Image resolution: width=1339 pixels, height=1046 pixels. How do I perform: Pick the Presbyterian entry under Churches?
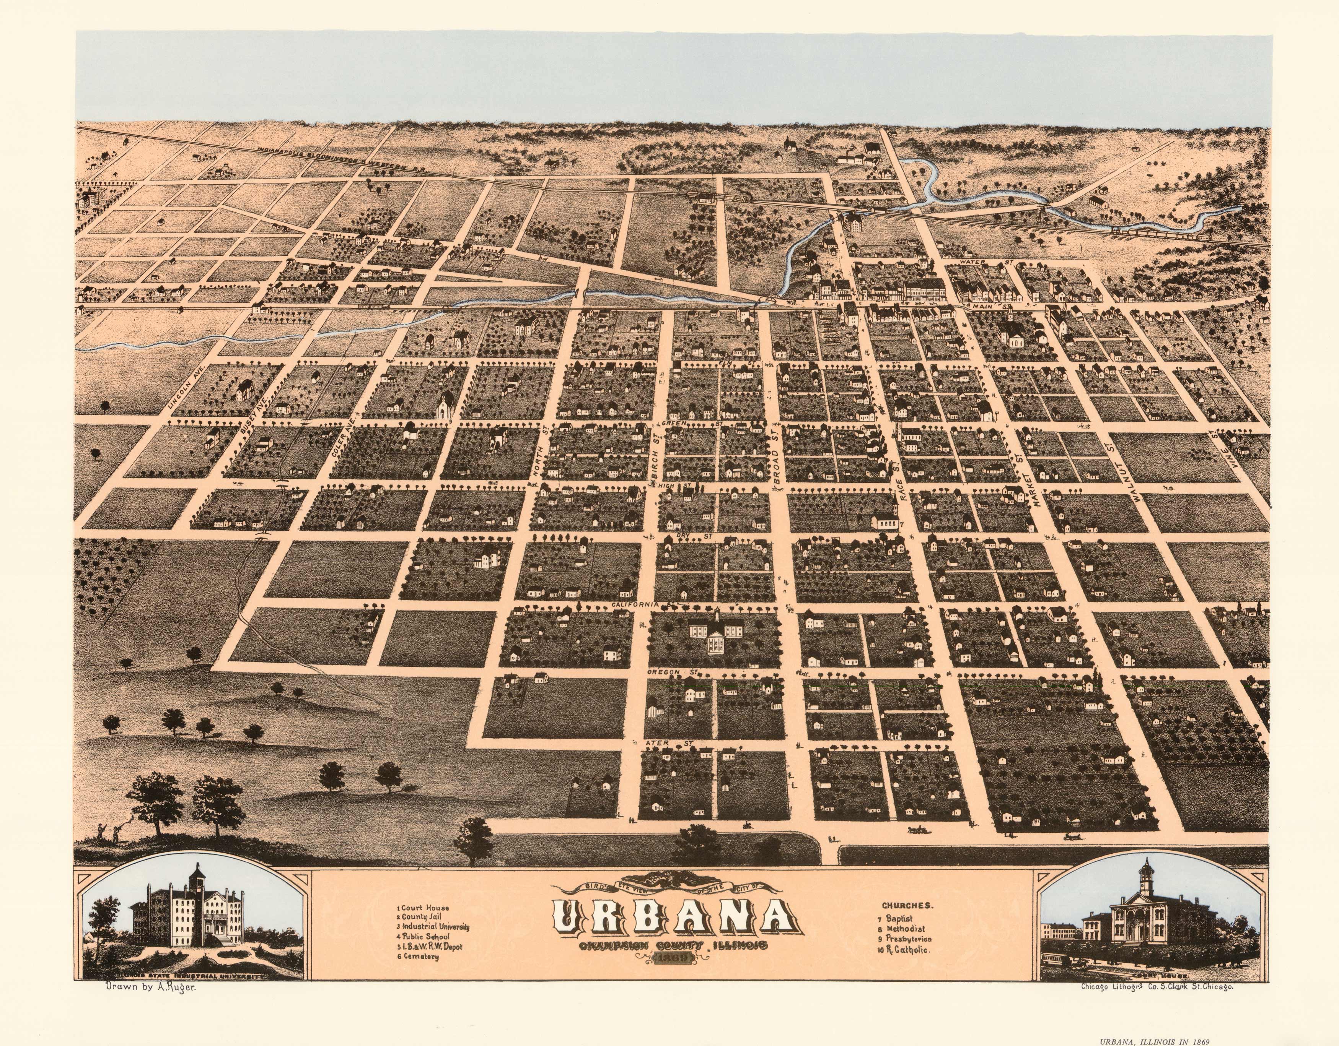[x=908, y=939]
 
